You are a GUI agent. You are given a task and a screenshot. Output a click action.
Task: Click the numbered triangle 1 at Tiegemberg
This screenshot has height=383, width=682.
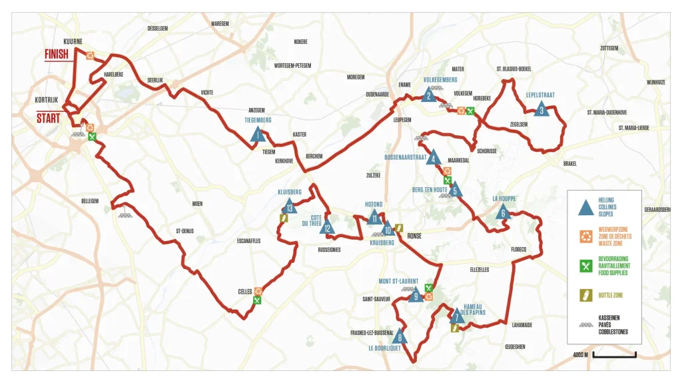pos(258,136)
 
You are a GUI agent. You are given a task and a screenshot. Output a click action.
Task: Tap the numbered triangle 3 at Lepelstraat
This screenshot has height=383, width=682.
pos(542,109)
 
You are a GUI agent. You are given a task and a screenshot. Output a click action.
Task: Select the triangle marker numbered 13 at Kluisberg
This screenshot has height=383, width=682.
pos(288,206)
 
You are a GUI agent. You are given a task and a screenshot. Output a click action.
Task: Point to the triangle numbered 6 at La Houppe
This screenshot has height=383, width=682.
pos(503,212)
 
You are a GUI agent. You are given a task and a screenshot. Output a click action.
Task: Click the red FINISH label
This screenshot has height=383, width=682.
pos(57,55)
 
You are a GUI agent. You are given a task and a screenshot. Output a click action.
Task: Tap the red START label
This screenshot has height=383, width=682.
pos(48,118)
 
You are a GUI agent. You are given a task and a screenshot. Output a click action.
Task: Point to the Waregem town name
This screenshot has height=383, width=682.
pos(220,23)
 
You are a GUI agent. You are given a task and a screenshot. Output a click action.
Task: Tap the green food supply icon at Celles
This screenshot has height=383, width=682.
pos(257,300)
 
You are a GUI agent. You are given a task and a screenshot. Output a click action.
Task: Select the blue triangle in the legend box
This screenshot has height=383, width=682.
pos(586,208)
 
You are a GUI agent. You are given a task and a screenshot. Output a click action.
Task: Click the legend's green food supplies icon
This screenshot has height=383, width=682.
pos(585,266)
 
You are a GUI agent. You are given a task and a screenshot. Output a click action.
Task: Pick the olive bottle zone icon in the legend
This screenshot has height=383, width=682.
pos(585,294)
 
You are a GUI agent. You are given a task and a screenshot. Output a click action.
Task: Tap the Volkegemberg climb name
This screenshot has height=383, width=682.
pos(440,79)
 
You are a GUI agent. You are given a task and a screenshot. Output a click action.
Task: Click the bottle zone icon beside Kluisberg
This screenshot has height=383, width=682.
pos(284,218)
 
